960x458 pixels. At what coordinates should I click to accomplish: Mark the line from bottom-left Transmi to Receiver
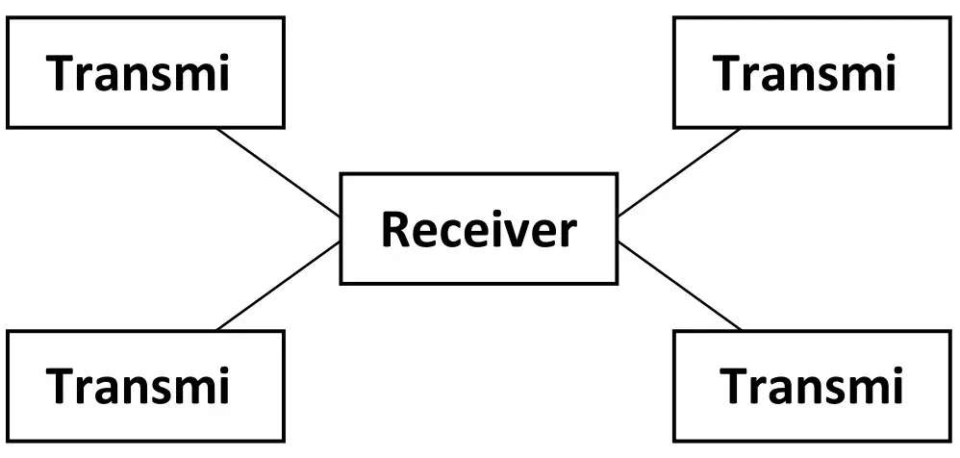[x=279, y=287]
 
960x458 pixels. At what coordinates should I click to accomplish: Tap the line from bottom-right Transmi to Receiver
[x=678, y=286]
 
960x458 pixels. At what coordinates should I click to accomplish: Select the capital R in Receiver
[x=395, y=229]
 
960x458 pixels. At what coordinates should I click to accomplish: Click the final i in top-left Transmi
[x=222, y=73]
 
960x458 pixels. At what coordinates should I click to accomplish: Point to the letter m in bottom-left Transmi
[x=191, y=389]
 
